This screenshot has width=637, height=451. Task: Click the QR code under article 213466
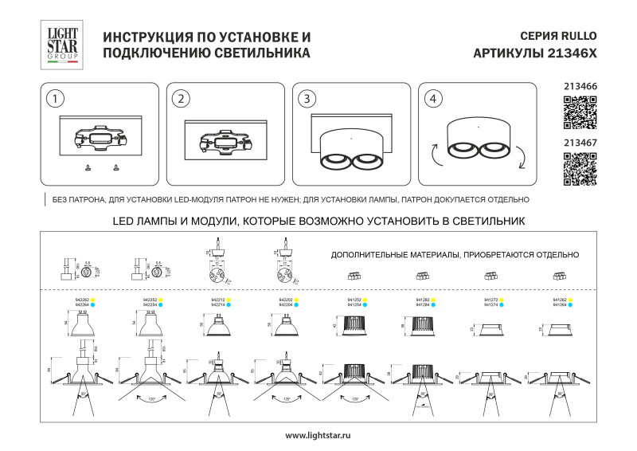580,112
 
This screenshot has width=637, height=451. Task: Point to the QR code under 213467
580,170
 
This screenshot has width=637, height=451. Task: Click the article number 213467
580,143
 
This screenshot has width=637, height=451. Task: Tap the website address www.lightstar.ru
318,435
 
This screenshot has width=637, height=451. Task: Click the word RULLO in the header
577,37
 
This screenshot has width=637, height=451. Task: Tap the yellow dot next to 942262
93,300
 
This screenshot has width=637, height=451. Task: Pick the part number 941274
492,305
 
